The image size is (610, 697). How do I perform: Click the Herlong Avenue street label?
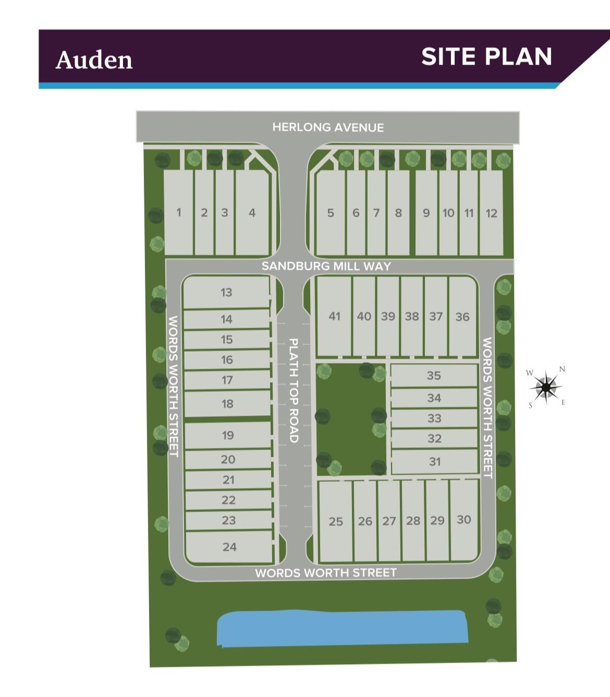click(328, 127)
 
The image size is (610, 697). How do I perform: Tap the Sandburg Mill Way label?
click(326, 266)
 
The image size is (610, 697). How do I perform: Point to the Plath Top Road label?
click(294, 391)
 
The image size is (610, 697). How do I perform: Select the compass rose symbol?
click(546, 387)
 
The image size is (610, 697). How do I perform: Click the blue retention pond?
click(341, 628)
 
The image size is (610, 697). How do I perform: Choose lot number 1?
click(179, 213)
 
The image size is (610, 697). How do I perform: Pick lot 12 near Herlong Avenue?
click(491, 213)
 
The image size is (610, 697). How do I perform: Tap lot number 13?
click(226, 292)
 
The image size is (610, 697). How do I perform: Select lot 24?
click(229, 547)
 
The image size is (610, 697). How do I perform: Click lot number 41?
click(334, 316)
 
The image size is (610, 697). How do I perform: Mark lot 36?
click(462, 317)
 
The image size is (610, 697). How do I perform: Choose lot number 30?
click(463, 519)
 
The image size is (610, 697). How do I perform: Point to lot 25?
click(336, 521)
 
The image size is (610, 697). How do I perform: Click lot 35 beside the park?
click(434, 376)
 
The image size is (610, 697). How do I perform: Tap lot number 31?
click(435, 462)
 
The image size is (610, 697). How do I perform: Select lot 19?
click(228, 435)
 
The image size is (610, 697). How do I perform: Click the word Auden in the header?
click(94, 60)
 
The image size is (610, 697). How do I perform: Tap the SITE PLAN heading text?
click(486, 57)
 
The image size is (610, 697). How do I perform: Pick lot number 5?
click(331, 213)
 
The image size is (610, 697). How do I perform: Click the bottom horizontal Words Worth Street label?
click(326, 573)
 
